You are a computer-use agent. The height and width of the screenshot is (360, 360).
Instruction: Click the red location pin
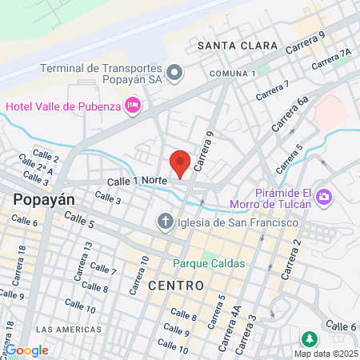click(181, 162)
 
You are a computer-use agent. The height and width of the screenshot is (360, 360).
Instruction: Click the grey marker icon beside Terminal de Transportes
click(178, 74)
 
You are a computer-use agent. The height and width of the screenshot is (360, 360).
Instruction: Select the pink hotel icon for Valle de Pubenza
click(133, 105)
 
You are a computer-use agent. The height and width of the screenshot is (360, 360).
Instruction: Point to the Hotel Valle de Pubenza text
click(62, 105)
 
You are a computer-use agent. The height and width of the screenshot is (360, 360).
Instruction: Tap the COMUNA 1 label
click(231, 73)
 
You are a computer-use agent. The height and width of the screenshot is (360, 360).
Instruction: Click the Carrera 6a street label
click(292, 112)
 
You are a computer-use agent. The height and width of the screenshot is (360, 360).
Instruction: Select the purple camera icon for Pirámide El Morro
click(324, 196)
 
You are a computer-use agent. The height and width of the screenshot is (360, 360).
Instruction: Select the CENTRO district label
click(175, 285)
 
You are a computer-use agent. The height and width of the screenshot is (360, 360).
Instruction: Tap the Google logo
click(27, 350)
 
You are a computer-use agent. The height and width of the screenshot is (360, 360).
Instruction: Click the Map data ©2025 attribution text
click(326, 354)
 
